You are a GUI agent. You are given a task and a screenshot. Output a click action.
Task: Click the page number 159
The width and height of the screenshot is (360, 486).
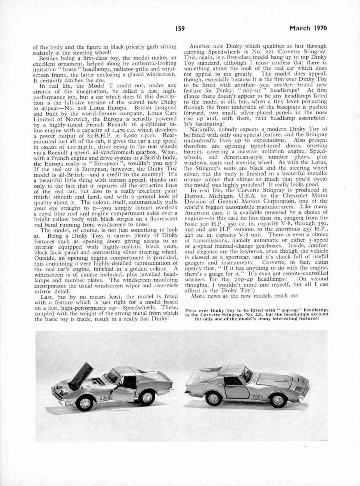click(180, 28)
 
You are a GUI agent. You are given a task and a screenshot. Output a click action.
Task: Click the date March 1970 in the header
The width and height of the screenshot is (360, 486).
click(308, 28)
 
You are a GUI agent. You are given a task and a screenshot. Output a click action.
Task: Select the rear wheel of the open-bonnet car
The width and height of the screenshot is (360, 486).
click(146, 397)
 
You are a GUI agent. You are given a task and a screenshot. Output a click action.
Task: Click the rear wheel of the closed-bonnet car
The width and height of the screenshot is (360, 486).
click(214, 398)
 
